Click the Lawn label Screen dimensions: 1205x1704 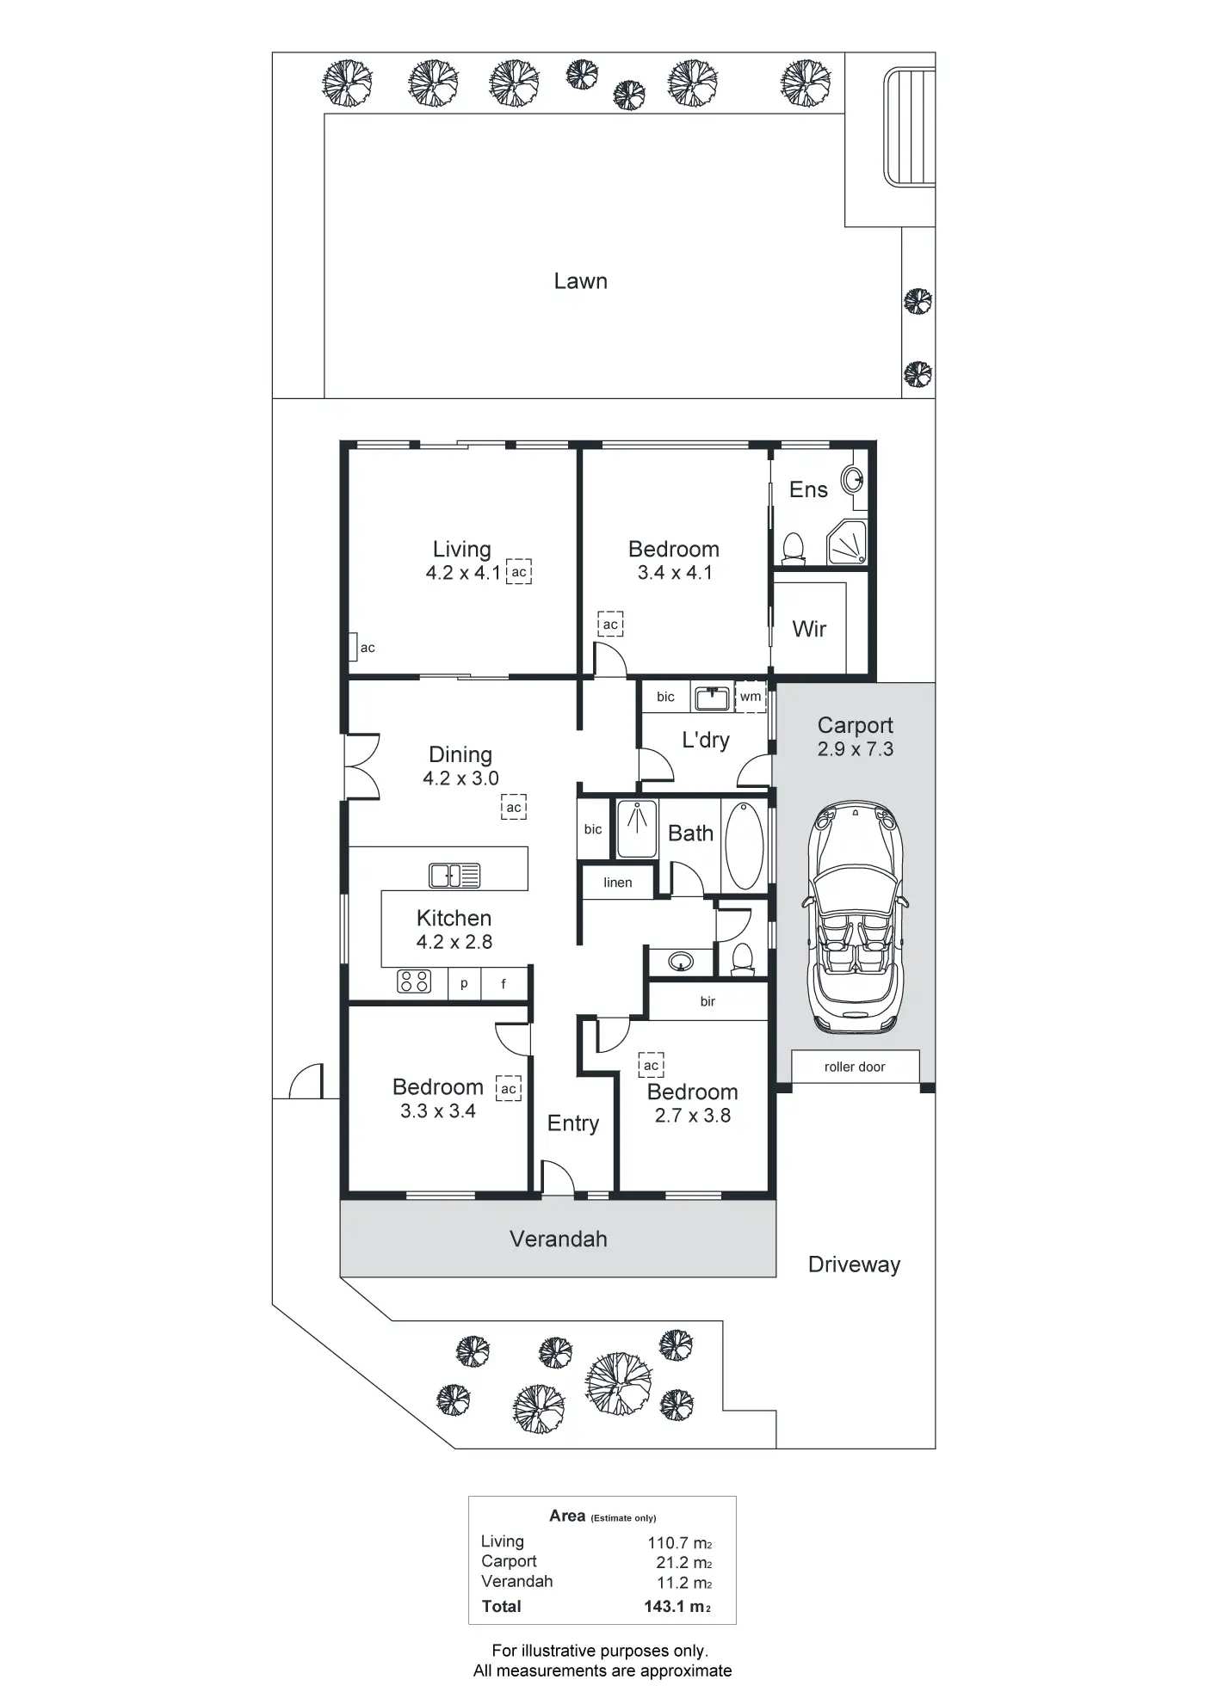pos(580,281)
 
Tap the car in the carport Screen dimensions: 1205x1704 pos(855,919)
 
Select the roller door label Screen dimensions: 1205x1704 pos(855,1067)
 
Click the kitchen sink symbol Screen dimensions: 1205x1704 pos(454,876)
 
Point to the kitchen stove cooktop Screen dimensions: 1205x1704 pos(414,981)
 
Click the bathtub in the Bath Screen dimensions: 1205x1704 pos(744,846)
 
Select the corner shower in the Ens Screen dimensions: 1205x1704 pos(846,543)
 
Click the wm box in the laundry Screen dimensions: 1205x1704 pos(751,697)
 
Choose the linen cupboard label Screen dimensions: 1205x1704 pos(617,883)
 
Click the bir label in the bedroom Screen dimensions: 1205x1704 pos(708,1001)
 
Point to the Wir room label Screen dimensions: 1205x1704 pos(809,629)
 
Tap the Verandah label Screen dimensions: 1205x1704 pos(559,1239)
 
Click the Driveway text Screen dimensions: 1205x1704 pos(854,1264)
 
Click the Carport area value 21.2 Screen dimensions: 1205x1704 pos(683,1563)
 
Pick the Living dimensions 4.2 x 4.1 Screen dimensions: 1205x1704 pos(463,573)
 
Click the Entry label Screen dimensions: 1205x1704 pos(573,1123)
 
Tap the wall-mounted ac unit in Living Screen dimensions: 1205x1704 pos(354,647)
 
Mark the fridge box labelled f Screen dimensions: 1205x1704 pos(504,984)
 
